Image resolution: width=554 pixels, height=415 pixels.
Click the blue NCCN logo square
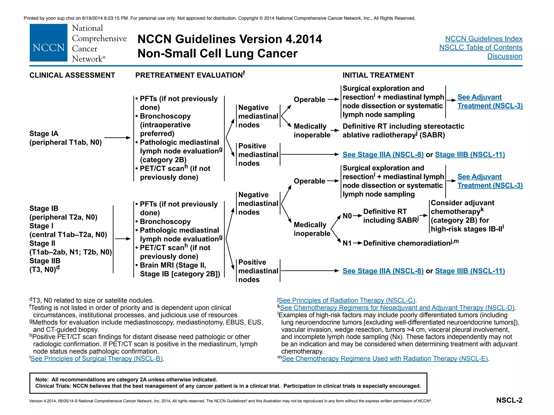(48, 43)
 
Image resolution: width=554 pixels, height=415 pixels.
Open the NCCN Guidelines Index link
(483, 39)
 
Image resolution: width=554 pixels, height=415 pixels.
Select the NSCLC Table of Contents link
(480, 48)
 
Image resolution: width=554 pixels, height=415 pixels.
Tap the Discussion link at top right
(504, 56)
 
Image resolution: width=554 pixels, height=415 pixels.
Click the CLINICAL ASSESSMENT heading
(72, 75)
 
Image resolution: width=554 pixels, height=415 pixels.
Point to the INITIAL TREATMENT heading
(378, 75)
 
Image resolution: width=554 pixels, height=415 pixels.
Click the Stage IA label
(44, 133)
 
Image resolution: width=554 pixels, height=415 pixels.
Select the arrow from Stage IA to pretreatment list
(117, 138)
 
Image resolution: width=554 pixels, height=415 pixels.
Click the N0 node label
(347, 216)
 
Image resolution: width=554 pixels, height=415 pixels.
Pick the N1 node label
(347, 243)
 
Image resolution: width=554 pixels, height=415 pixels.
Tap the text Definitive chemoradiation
(406, 243)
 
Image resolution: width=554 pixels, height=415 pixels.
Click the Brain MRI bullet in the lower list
(173, 265)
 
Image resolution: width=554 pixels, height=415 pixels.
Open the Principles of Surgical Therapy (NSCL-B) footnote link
(97, 359)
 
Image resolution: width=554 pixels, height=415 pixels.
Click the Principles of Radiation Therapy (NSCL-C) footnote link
(347, 300)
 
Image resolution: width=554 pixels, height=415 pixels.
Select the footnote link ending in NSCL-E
(385, 359)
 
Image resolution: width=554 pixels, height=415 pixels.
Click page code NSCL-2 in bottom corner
(509, 400)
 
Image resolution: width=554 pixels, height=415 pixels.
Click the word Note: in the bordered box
(42, 380)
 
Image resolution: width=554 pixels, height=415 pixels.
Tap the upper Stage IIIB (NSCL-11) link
(470, 155)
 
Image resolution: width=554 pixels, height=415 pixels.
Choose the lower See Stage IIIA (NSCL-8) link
(383, 271)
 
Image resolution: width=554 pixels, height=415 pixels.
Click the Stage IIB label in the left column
(45, 261)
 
